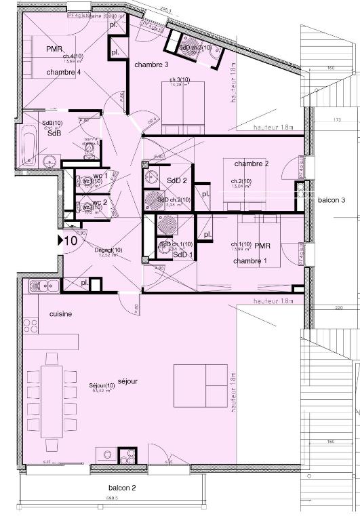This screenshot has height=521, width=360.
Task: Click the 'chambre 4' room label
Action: (x=64, y=72)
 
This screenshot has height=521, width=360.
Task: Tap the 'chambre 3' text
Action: (x=151, y=64)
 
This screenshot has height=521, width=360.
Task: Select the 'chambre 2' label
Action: (x=252, y=164)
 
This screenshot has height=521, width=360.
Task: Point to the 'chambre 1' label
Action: (x=250, y=261)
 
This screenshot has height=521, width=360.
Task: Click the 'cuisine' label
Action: (x=60, y=315)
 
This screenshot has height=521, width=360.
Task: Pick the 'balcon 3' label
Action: (x=332, y=201)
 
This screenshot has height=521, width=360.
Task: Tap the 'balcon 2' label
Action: (x=123, y=488)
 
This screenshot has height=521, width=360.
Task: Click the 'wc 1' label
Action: (x=100, y=175)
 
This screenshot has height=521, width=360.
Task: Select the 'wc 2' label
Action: (x=100, y=202)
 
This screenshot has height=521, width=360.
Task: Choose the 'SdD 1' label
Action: (x=183, y=255)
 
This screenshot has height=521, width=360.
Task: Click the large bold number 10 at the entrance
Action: (x=71, y=240)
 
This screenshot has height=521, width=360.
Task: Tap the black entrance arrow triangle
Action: (x=60, y=239)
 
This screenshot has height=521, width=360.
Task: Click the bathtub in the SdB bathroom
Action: (x=30, y=144)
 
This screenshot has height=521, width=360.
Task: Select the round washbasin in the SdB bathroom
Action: (x=49, y=161)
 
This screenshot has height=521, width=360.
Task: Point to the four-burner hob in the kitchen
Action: (x=31, y=327)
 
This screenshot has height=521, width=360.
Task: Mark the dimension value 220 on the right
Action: (x=338, y=308)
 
